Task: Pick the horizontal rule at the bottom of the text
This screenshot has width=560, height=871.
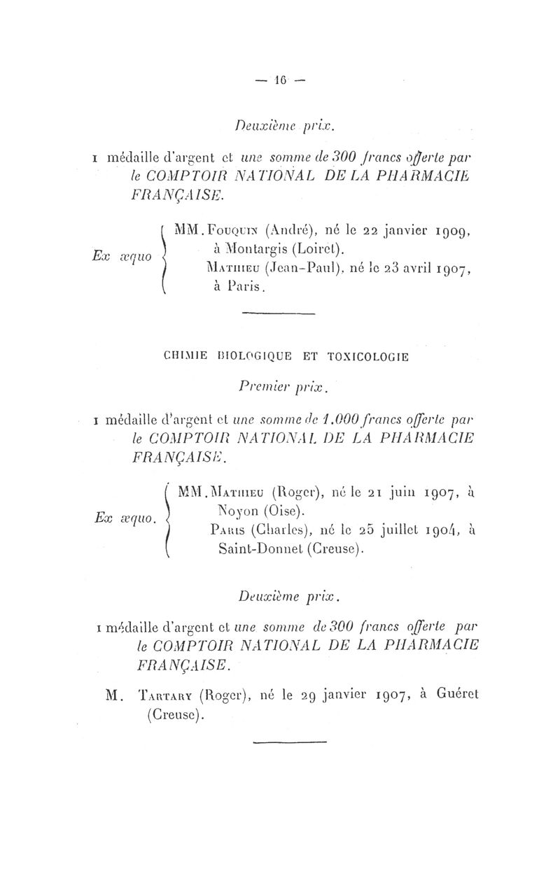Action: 289,741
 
